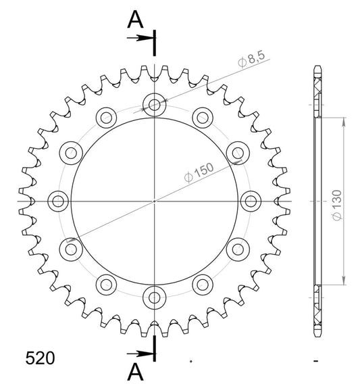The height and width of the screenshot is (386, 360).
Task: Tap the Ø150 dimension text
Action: (199, 172)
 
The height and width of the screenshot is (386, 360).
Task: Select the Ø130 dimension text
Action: (336, 206)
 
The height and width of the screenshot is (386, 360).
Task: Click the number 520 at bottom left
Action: (40, 358)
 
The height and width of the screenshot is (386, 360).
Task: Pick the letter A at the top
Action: (135, 20)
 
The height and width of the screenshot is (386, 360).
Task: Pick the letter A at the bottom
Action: (135, 372)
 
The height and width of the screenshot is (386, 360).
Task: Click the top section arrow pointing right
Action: (140, 38)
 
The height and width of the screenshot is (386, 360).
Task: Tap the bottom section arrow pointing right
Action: (140, 354)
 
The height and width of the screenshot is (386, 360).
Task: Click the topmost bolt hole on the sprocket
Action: (155, 105)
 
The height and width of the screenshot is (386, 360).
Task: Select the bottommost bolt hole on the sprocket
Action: (155, 297)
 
